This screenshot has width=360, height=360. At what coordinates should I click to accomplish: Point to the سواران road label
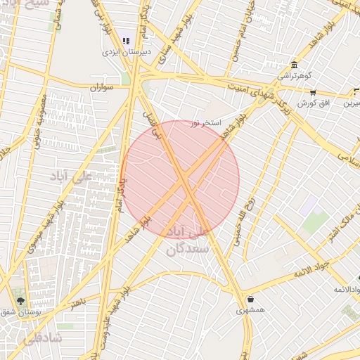pyautogui.click(x=102, y=87)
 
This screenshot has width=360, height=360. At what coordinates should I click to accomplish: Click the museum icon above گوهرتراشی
pyautogui.click(x=292, y=65)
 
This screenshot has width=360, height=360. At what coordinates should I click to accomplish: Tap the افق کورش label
pyautogui.click(x=313, y=103)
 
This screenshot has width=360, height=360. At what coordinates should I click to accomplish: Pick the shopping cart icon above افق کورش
pyautogui.click(x=313, y=92)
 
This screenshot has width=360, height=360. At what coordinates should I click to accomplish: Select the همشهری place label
pyautogui.click(x=250, y=310)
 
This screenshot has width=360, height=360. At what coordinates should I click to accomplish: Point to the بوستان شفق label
pyautogui.click(x=20, y=311)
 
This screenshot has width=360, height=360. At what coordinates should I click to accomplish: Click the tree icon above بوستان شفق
pyautogui.click(x=20, y=300)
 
